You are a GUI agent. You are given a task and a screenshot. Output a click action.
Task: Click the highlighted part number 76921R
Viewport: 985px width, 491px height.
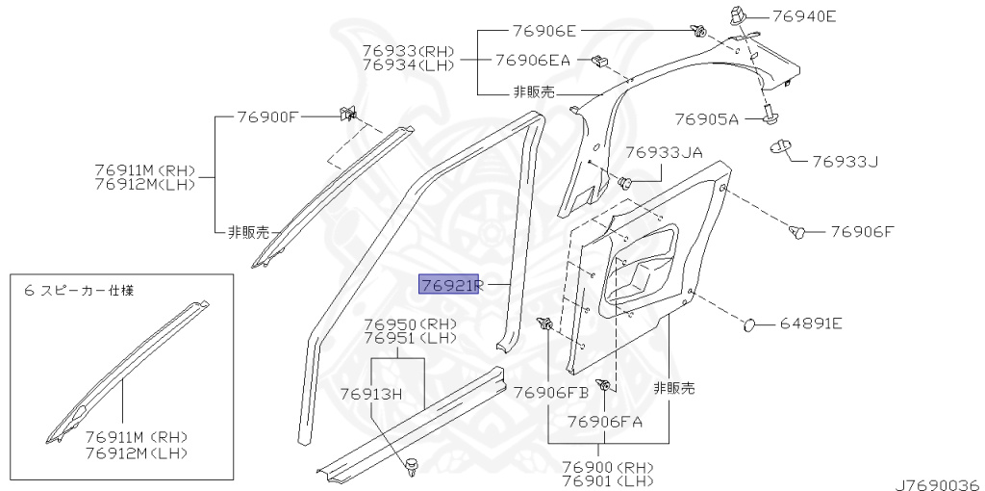448,284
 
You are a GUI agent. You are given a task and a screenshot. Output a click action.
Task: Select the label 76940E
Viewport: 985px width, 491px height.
801,15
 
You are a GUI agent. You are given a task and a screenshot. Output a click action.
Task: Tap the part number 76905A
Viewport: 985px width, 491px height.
706,119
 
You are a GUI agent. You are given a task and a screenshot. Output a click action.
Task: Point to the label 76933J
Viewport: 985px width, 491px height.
846,161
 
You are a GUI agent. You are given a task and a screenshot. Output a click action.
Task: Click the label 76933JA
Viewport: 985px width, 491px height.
664,152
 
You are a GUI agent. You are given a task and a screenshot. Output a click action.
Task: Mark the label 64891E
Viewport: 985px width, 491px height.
810,323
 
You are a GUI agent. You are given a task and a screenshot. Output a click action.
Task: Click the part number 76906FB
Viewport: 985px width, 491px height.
550,392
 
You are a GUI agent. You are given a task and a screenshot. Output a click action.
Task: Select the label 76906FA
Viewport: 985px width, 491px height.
604,421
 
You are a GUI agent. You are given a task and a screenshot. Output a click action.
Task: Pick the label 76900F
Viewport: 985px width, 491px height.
268,116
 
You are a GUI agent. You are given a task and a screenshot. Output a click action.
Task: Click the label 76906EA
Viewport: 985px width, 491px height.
532,60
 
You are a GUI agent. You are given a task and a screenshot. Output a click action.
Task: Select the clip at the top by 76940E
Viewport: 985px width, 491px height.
738,15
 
